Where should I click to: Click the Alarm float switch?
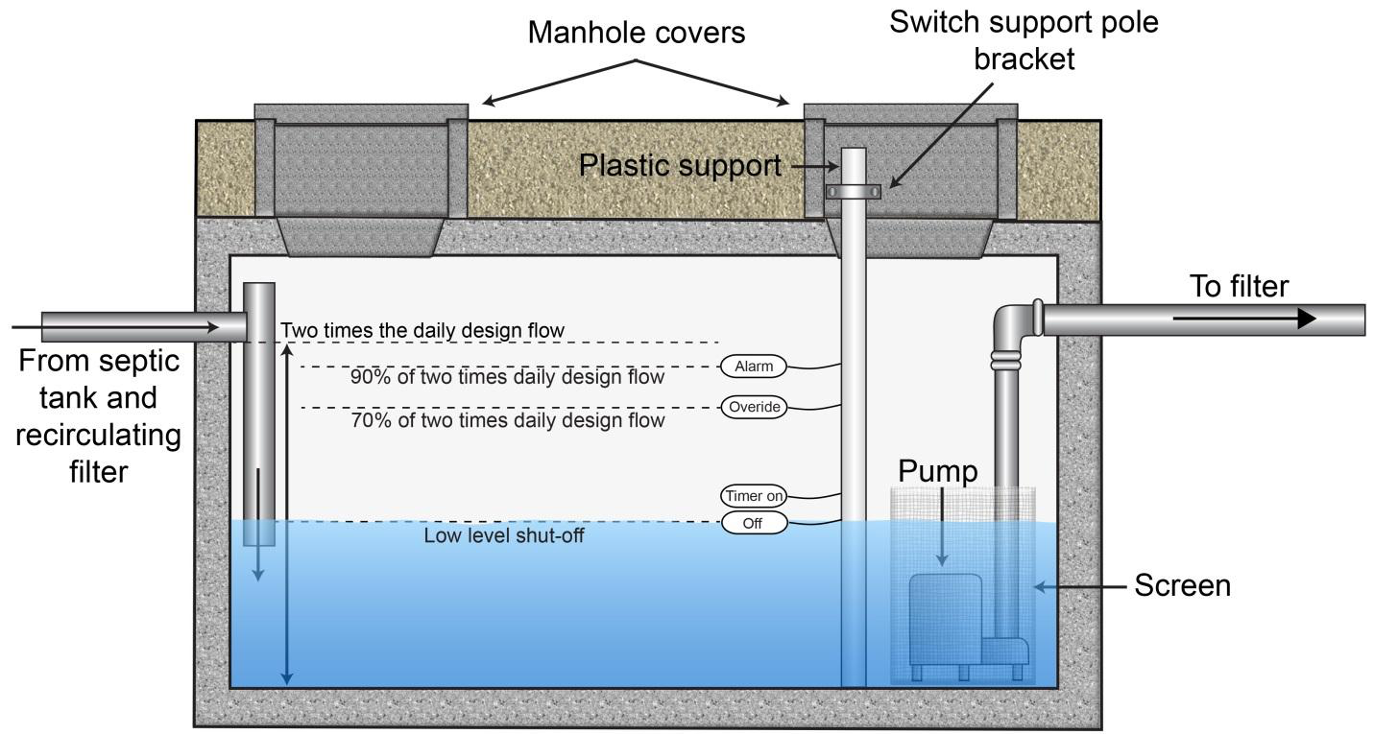tap(754, 366)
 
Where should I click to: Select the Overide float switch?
tap(754, 407)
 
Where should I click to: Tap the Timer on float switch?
tap(754, 496)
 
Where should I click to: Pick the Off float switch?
tap(754, 523)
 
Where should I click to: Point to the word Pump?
tap(938, 471)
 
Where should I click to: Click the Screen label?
tap(1182, 585)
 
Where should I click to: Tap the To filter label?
tap(1239, 286)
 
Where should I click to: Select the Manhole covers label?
tap(637, 33)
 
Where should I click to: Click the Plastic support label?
tap(680, 166)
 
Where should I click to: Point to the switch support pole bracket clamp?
tap(854, 192)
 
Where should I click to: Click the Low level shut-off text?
tap(504, 535)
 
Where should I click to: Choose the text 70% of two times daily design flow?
tap(507, 420)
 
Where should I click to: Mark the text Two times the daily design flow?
tap(422, 331)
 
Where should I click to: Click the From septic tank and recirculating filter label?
tap(99, 416)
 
